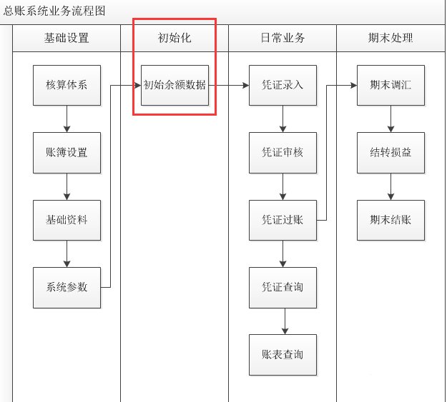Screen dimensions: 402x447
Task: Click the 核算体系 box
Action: pyautogui.click(x=67, y=85)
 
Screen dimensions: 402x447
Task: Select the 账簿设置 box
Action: pyautogui.click(x=67, y=152)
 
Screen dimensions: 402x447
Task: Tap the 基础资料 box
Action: pyautogui.click(x=67, y=220)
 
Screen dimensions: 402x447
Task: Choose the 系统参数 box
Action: pyautogui.click(x=67, y=287)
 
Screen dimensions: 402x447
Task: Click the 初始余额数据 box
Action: pyautogui.click(x=175, y=85)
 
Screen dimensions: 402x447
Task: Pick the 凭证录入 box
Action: pyautogui.click(x=283, y=85)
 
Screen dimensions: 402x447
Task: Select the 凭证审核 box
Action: pyautogui.click(x=283, y=152)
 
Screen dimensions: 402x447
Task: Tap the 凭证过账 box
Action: pyautogui.click(x=283, y=220)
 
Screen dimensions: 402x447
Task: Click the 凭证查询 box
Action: pyautogui.click(x=283, y=287)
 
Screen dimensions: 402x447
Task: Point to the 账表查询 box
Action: pyautogui.click(x=283, y=354)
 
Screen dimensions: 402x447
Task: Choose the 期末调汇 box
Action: pyautogui.click(x=390, y=85)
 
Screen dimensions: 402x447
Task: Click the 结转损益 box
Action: pyautogui.click(x=390, y=152)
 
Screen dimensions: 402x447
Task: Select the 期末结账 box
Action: pyautogui.click(x=390, y=220)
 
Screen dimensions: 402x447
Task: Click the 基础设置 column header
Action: pyautogui.click(x=67, y=38)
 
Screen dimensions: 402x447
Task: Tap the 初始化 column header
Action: pyautogui.click(x=175, y=38)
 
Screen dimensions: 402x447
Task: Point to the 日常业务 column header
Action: pyautogui.click(x=283, y=38)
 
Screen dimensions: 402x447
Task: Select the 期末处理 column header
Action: pyautogui.click(x=390, y=38)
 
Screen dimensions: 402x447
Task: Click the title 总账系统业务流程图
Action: pyautogui.click(x=54, y=11)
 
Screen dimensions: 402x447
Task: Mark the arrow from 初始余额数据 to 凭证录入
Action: pyautogui.click(x=229, y=85)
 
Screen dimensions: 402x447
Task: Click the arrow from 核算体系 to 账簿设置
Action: pyautogui.click(x=67, y=119)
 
